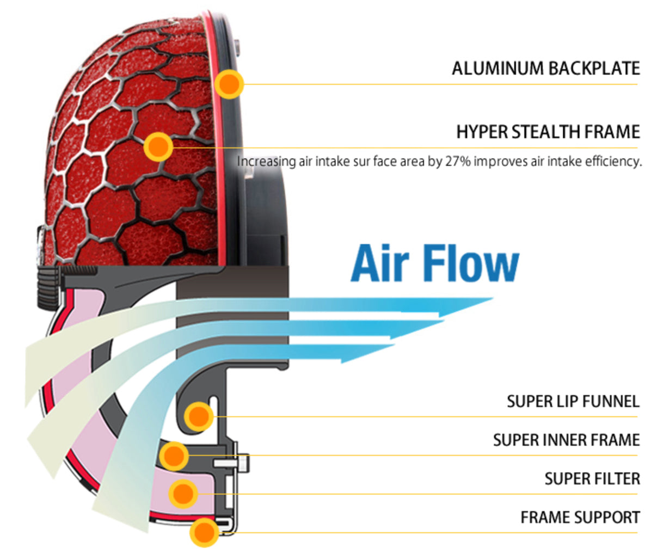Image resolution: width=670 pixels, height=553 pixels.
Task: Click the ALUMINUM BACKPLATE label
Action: (x=546, y=69)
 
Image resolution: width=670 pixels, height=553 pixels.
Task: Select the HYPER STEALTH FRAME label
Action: (x=548, y=132)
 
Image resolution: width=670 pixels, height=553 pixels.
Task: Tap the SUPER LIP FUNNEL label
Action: (x=573, y=402)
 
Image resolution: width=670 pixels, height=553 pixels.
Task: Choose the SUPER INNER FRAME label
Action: (x=567, y=440)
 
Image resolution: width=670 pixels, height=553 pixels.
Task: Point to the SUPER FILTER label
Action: (x=592, y=479)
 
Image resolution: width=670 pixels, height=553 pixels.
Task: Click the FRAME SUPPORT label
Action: (x=580, y=518)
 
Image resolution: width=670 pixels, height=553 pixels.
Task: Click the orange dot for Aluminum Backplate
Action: (x=229, y=84)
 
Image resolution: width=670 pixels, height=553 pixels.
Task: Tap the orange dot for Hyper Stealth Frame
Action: (x=158, y=147)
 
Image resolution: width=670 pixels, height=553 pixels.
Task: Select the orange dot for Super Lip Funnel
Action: (x=199, y=416)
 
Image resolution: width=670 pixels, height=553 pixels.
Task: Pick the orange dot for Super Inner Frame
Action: (x=174, y=456)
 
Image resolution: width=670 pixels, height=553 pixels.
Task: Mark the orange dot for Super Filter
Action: (x=183, y=494)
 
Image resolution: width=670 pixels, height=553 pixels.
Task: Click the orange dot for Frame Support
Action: (x=204, y=532)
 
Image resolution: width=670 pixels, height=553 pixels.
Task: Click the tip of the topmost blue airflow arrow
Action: (x=493, y=298)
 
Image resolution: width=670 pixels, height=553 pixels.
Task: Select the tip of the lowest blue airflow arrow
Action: (x=395, y=345)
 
